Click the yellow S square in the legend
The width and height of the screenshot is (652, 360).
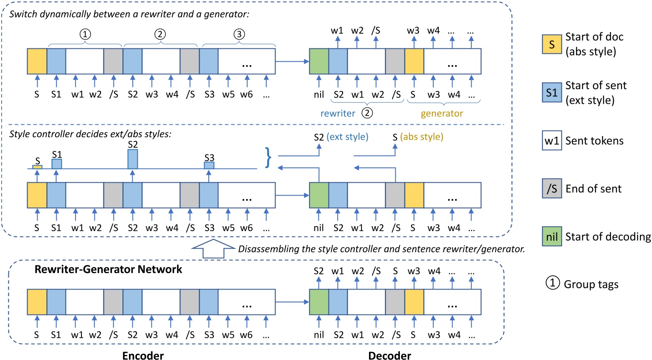click(551, 44)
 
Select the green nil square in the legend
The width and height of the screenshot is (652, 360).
click(551, 237)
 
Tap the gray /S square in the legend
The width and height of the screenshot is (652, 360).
click(551, 189)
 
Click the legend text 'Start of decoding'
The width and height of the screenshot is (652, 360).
click(608, 237)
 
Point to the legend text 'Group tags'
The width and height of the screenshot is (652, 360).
click(591, 284)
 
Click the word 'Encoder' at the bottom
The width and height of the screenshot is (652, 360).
click(143, 355)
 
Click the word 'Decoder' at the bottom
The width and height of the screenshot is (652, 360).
click(389, 355)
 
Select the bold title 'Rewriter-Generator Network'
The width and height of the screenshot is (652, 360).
click(108, 269)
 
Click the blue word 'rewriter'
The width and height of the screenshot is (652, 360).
click(338, 113)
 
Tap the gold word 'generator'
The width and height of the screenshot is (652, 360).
click(442, 113)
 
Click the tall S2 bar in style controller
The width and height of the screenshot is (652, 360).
click(132, 159)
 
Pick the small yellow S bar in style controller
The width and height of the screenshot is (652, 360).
click(37, 167)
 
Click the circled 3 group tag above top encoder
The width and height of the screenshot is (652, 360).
click(239, 34)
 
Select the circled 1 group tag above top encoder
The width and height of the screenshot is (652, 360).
click(85, 34)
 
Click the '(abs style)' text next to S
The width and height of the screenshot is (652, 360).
click(422, 137)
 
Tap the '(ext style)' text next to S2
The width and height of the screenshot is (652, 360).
click(347, 137)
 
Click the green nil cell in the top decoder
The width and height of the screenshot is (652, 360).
click(319, 61)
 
